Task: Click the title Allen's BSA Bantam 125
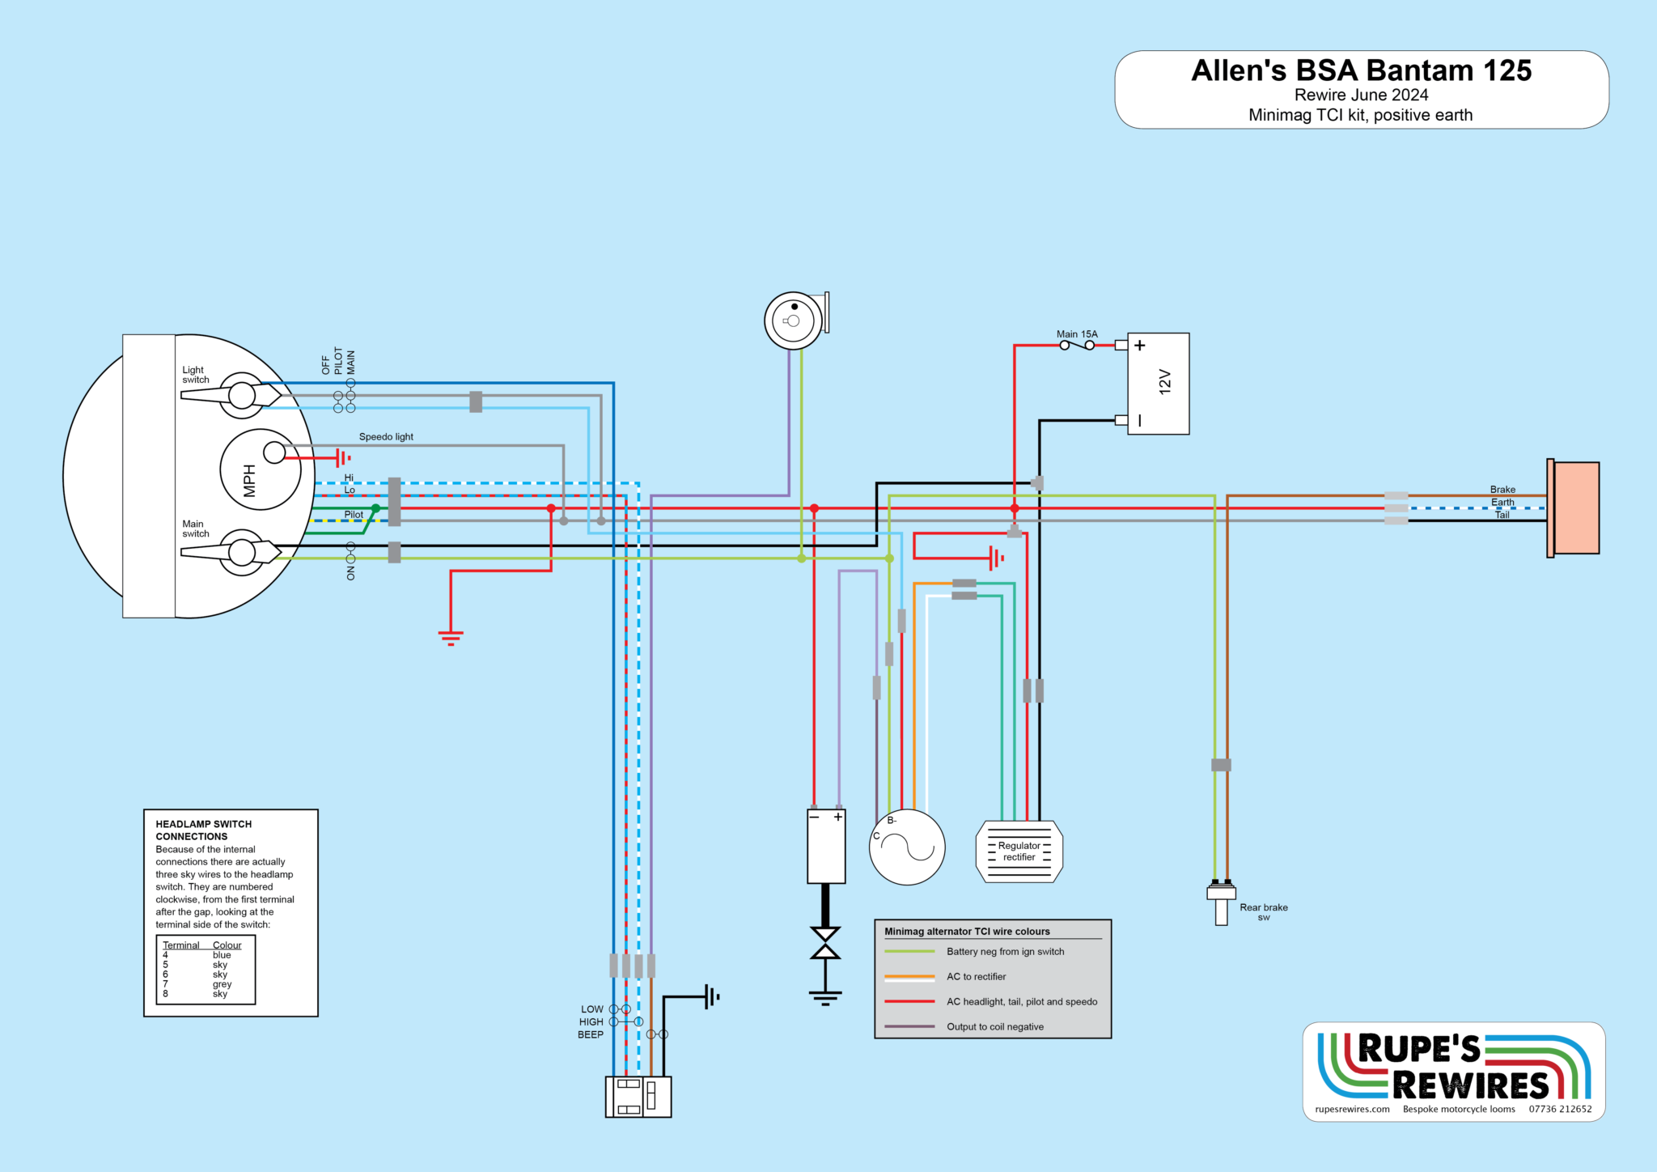coord(1361,71)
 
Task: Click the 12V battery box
coord(1158,384)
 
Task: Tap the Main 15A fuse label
coord(1077,334)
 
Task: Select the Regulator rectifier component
coord(1019,851)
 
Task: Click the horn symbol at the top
coord(795,321)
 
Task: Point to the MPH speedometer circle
coord(260,470)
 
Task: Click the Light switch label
coord(195,375)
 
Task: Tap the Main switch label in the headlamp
coord(195,529)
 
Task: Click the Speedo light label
coord(386,437)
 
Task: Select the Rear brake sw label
coord(1263,911)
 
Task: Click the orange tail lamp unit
coord(1574,507)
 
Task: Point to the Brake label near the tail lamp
coord(1502,490)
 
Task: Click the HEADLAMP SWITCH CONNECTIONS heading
coord(203,830)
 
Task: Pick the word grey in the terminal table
coord(222,984)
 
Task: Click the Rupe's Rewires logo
coord(1453,1071)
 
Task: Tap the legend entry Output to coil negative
coord(994,1027)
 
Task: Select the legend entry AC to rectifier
coord(976,977)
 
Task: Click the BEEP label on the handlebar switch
coord(591,1034)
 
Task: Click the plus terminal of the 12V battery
coord(1139,346)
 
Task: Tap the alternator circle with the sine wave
coord(907,847)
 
